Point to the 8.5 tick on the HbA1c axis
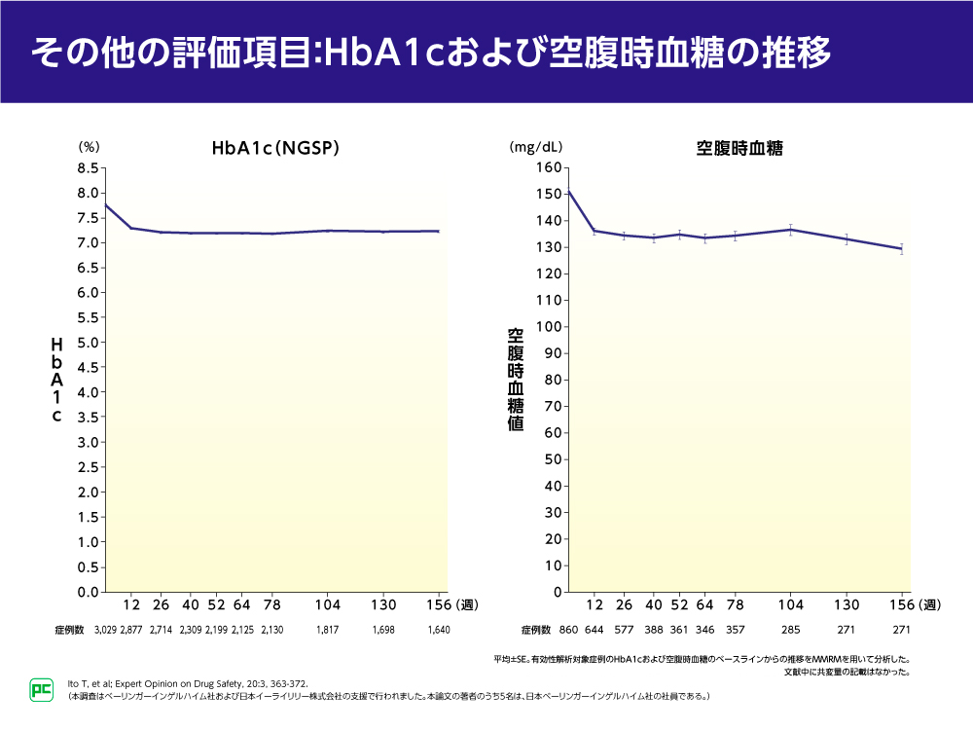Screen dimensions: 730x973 point(87,168)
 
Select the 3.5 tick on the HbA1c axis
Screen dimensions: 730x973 point(87,418)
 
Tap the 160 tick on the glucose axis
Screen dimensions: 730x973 point(548,168)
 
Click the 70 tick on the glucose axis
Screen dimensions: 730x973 point(552,407)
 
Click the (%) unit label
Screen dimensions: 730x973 point(89,148)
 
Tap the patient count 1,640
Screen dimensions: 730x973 point(439,631)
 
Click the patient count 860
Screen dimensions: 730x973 point(569,631)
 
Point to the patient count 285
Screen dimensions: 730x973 point(791,631)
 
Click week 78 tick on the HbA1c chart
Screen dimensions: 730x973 point(272,604)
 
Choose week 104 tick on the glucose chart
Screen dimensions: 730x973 point(791,604)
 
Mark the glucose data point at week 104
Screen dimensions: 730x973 point(791,230)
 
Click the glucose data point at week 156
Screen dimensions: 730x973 point(902,248)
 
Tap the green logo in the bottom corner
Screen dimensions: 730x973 point(41,689)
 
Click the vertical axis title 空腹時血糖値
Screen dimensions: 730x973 point(515,380)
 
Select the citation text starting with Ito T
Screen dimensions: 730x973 point(185,684)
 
